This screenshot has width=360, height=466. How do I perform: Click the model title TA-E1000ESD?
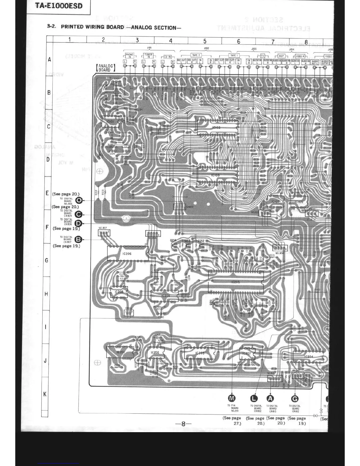pos(59,6)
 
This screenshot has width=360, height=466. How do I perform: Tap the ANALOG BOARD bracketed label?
pos(105,68)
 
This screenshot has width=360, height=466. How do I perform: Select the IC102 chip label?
pos(216,128)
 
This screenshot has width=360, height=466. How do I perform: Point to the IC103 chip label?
pos(215,175)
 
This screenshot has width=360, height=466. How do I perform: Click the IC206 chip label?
pos(127,253)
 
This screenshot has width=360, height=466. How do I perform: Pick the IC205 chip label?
pos(235,282)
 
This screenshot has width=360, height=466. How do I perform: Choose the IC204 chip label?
pos(309,357)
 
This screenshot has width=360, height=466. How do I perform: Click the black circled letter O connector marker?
pos(79,201)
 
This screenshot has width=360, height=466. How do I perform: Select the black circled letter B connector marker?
pos(78,240)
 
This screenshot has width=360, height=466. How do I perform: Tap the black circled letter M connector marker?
pos(232,399)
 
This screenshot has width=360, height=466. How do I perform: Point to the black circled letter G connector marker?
pos(295,399)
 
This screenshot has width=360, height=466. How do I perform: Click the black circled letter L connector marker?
pos(254,399)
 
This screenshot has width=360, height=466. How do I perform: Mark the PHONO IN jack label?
pos(129,55)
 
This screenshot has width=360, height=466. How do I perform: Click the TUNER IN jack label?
pos(149,55)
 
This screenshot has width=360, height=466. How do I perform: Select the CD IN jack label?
pos(168,56)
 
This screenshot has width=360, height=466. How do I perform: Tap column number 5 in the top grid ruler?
pos(205,41)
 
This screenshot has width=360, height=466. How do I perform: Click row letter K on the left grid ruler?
pos(45,394)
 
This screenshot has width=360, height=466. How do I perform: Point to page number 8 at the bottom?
pos(183,424)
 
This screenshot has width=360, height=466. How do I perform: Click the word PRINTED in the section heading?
pos(73,27)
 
